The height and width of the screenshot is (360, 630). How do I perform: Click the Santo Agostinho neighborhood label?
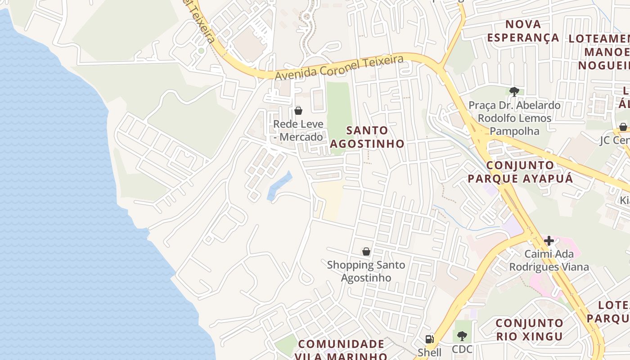(x=367, y=137)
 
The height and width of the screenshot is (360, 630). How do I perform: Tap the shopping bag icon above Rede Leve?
(x=298, y=110)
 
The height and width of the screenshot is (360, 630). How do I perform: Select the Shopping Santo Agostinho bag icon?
(x=366, y=252)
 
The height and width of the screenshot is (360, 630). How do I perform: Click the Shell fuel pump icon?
(x=429, y=339)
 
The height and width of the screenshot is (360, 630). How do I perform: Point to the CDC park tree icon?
(x=462, y=336)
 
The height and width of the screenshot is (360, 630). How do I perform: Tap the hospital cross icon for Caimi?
(x=549, y=241)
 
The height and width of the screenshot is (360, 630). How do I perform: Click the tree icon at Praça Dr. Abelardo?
(x=514, y=92)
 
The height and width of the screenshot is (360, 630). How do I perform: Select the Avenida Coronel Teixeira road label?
(x=338, y=67)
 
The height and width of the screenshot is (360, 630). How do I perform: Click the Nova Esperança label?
(x=523, y=31)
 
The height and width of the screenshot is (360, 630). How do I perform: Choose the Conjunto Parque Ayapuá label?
(x=520, y=172)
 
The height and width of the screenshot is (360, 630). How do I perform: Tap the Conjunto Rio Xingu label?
(x=529, y=329)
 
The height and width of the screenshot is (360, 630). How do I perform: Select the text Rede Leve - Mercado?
(x=298, y=130)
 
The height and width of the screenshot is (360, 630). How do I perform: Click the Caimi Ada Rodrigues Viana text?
(x=549, y=261)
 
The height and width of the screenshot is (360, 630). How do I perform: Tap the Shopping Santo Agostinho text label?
(x=366, y=271)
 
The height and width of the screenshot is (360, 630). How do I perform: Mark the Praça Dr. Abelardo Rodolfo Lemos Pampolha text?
(x=514, y=118)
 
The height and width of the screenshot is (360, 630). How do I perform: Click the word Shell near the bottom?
(x=429, y=352)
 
